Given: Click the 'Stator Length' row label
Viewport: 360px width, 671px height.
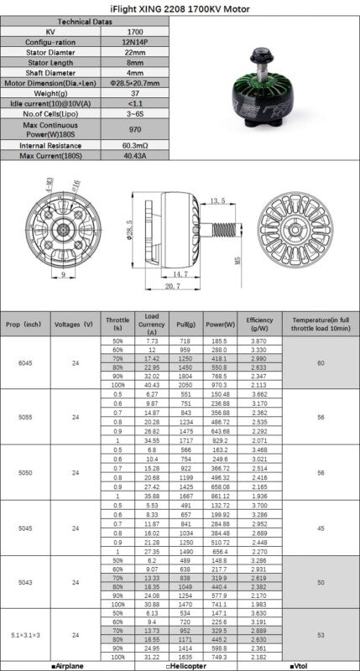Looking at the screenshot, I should pos(52,61).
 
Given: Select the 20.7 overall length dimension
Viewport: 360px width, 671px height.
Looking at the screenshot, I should pos(173,287).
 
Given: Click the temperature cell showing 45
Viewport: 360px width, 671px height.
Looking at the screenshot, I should pos(320,528).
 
